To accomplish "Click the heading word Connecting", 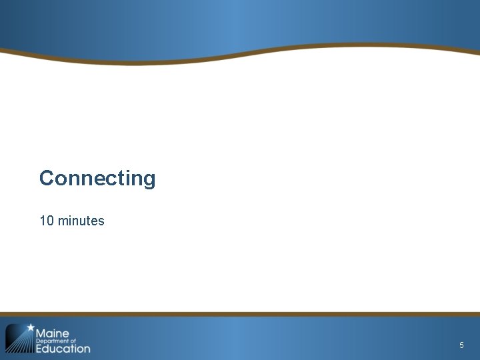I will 97,179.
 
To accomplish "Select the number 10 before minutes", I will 47,221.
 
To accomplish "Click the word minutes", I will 81,221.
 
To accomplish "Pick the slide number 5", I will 461,345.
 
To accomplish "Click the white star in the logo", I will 30,328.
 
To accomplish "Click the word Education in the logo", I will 63,348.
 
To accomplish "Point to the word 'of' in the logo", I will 73,341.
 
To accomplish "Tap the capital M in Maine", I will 41,333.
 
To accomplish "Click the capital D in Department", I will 37,341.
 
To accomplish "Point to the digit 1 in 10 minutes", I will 43,221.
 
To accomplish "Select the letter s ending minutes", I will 101,221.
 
